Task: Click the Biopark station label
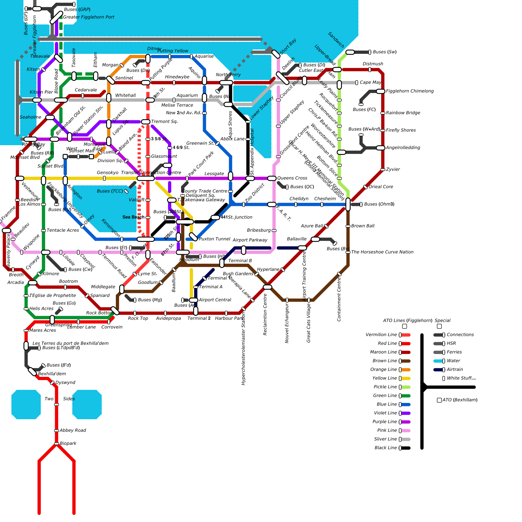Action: [x=68, y=443]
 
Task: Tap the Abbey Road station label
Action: [x=73, y=430]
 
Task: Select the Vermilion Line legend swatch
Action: [x=406, y=335]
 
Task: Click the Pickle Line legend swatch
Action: [x=406, y=387]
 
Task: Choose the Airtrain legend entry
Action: [x=455, y=370]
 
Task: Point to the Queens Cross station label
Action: [x=292, y=178]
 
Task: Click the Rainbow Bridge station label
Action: [x=403, y=113]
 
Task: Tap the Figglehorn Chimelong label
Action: [x=410, y=91]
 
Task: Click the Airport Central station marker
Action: [x=193, y=300]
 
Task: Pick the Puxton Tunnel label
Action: [x=215, y=239]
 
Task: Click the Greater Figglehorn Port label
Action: [x=88, y=17]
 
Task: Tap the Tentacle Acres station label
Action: [x=63, y=230]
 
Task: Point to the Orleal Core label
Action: [x=381, y=187]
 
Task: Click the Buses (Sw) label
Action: [x=385, y=52]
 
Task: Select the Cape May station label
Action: [x=370, y=83]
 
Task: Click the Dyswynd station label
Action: [x=65, y=382]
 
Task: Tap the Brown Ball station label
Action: [x=363, y=226]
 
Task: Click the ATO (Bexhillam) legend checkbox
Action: [x=439, y=400]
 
